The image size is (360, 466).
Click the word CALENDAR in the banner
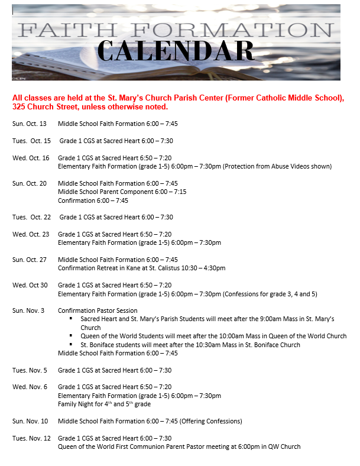(176, 51)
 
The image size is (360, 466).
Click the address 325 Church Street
(42, 107)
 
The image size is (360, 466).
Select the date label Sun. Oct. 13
(30, 124)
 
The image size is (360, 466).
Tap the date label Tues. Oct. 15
(32, 141)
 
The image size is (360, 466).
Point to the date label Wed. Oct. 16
(31, 158)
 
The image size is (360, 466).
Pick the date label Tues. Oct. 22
(32, 217)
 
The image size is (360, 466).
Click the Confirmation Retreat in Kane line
(141, 268)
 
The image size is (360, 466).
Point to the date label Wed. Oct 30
(30, 285)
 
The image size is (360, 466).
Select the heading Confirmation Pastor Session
(98, 310)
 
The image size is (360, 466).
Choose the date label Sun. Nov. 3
(28, 310)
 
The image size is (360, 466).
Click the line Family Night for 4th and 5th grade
(104, 404)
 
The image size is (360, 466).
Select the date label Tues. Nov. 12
(32, 438)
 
